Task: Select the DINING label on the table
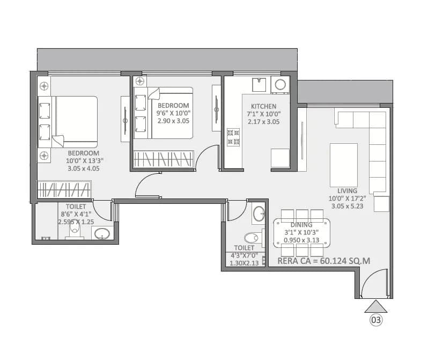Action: [x=302, y=225]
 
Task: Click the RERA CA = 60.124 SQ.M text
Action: [x=324, y=261]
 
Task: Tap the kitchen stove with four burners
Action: [x=233, y=137]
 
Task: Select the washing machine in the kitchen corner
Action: [x=280, y=84]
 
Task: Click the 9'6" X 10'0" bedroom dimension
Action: [x=173, y=113]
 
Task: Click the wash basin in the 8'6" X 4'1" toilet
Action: [x=101, y=233]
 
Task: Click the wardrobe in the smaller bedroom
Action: [x=163, y=159]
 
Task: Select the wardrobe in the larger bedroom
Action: [x=64, y=190]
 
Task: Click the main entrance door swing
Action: [x=373, y=283]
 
